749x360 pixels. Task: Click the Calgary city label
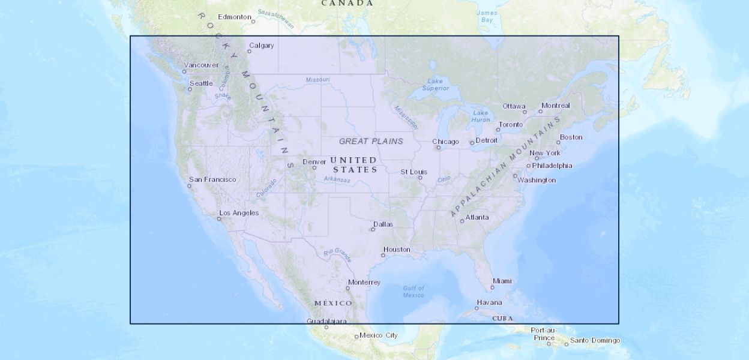click(x=262, y=46)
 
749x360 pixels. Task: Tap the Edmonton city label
click(x=234, y=17)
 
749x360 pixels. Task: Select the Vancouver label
click(x=201, y=65)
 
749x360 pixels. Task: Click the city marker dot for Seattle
click(x=190, y=89)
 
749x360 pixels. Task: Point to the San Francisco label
click(x=212, y=179)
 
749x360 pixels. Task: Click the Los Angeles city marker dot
click(x=219, y=219)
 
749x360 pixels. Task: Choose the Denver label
click(x=314, y=162)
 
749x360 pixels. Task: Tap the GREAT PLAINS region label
click(x=371, y=142)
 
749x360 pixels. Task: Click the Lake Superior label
click(x=435, y=85)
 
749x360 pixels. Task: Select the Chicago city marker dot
click(x=438, y=148)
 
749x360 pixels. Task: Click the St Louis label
click(x=414, y=172)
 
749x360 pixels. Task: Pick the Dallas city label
click(x=384, y=224)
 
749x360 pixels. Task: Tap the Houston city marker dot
click(x=383, y=256)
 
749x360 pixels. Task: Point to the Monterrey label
click(x=364, y=282)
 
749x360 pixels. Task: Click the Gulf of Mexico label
click(x=414, y=292)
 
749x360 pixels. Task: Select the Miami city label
click(x=502, y=281)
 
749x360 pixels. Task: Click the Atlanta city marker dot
click(x=462, y=221)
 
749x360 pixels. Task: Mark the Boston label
click(x=571, y=137)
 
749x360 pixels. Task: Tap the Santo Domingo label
click(x=595, y=341)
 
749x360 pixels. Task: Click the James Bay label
click(x=487, y=16)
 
